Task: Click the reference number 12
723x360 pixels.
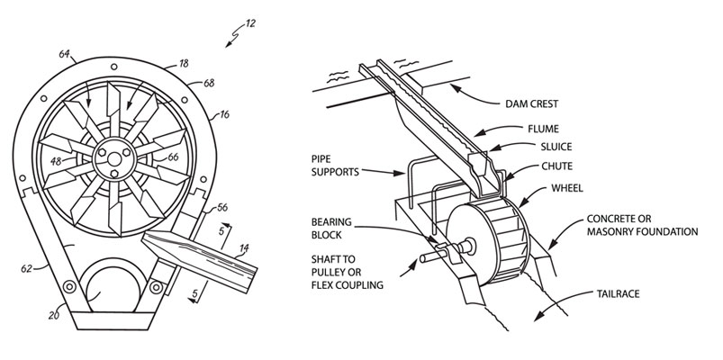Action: [250, 23]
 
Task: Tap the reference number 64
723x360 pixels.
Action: [65, 54]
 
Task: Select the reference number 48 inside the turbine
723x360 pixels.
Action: [56, 162]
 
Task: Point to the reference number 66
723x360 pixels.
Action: [173, 157]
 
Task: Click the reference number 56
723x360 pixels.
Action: [222, 207]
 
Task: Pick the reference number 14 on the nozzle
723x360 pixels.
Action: [243, 249]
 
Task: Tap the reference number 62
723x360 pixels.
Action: [27, 268]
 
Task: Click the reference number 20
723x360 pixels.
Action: [54, 316]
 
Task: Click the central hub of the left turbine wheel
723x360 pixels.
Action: [114, 159]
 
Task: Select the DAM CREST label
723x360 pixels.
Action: [531, 103]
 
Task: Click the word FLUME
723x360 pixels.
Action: [543, 129]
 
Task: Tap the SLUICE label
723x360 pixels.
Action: [556, 147]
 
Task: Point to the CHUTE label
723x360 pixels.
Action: [557, 166]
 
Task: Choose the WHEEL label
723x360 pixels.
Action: [567, 188]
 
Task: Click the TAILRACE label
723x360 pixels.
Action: [618, 293]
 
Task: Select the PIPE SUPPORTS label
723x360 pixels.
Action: [335, 166]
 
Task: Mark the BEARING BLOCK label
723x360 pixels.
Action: [331, 229]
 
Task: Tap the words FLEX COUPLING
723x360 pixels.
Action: [348, 285]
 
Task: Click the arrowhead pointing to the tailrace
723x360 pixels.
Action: [538, 316]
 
